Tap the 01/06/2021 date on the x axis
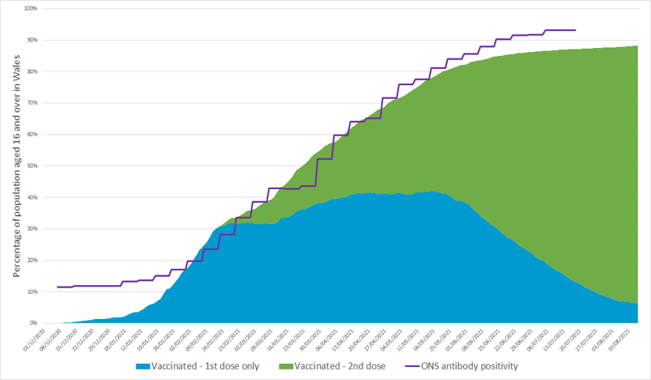tap(470, 339)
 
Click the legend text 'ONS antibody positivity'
tap(470, 366)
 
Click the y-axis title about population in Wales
tap(15, 167)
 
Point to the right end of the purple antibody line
tap(575, 30)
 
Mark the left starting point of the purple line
tap(57, 287)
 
